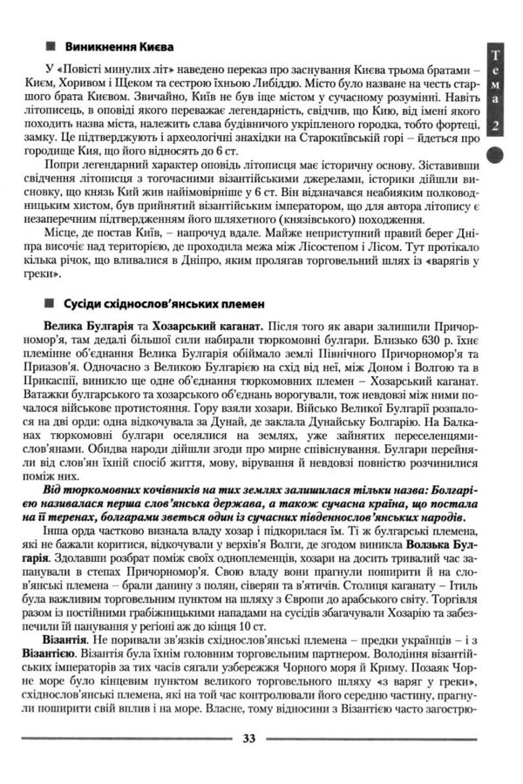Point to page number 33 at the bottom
coord(248,739)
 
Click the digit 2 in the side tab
coord(495,126)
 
